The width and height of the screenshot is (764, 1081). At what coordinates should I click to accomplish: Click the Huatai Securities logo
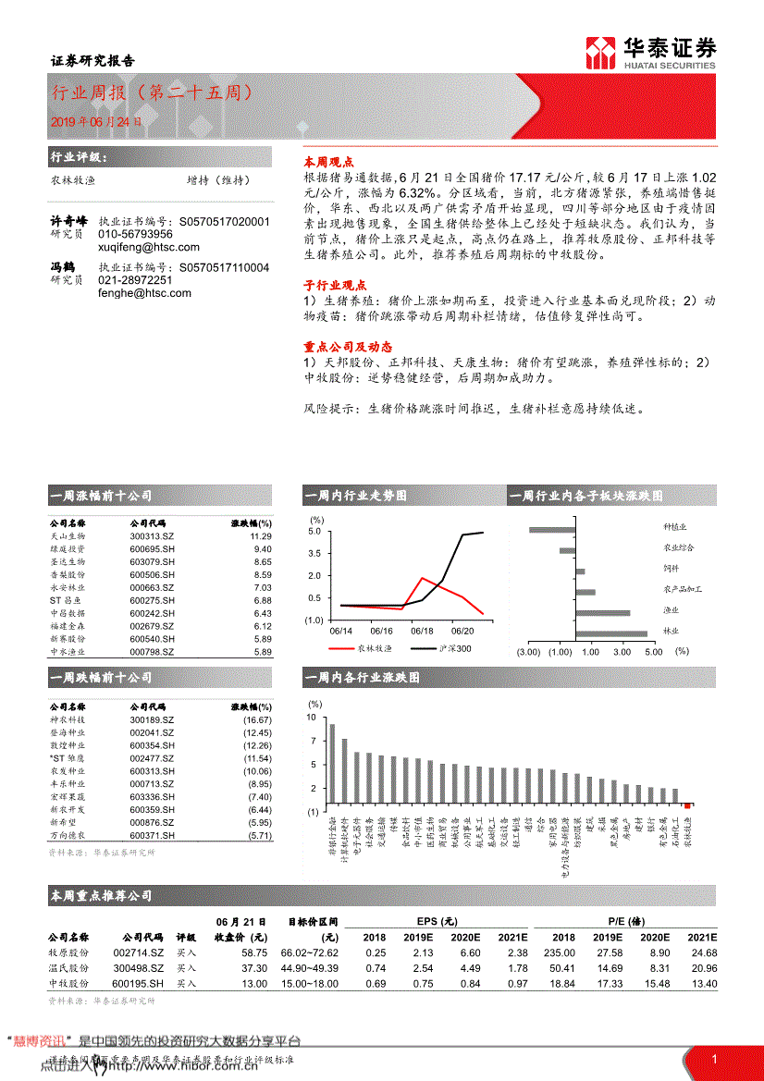pyautogui.click(x=650, y=54)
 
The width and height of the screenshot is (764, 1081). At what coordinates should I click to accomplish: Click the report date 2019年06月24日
pyautogui.click(x=97, y=121)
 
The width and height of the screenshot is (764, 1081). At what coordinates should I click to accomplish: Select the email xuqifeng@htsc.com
pyautogui.click(x=148, y=248)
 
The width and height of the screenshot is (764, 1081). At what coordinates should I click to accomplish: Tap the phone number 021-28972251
pyautogui.click(x=135, y=280)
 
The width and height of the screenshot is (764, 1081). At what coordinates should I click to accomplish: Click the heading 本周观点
pyautogui.click(x=325, y=160)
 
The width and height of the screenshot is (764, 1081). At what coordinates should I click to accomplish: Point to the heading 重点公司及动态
pyautogui.click(x=341, y=346)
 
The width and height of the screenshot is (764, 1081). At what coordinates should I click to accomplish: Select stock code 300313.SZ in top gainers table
pyautogui.click(x=152, y=536)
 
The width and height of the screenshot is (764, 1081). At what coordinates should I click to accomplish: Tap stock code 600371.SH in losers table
pyautogui.click(x=152, y=836)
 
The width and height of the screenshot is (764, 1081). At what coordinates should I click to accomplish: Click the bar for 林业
pyautogui.click(x=610, y=633)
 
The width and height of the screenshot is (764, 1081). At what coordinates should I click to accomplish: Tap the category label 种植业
pyautogui.click(x=675, y=527)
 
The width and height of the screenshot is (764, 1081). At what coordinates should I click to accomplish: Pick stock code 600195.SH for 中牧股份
pyautogui.click(x=139, y=984)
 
